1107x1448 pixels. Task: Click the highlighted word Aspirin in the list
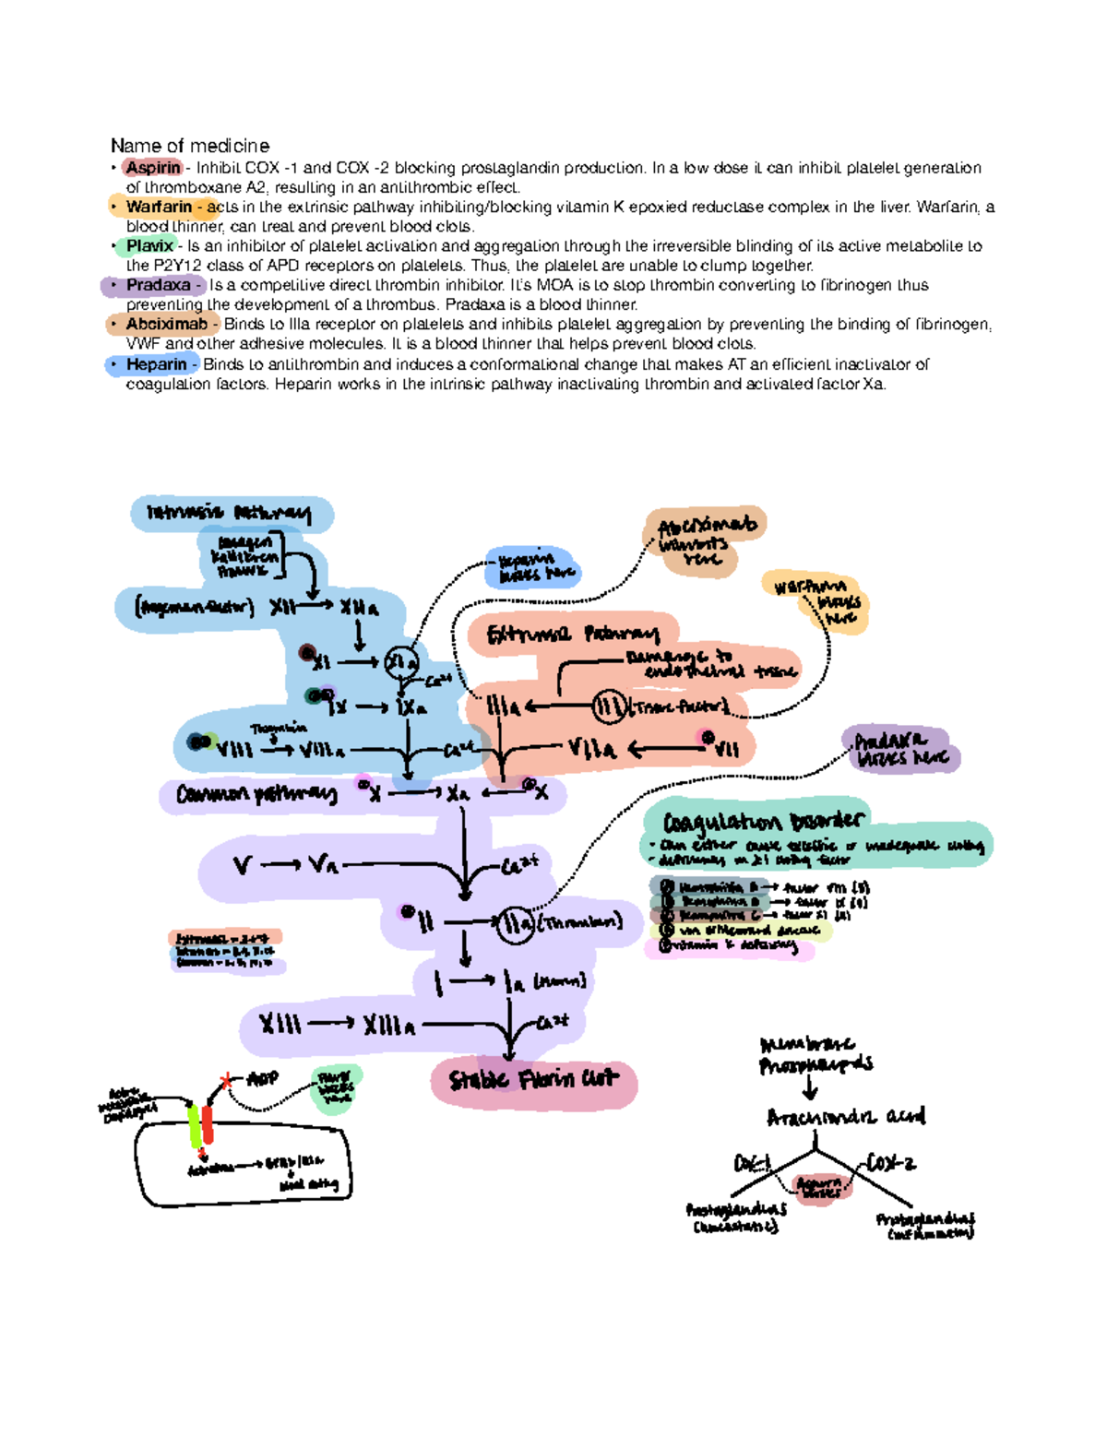(x=153, y=168)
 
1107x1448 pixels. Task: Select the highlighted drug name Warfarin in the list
(x=159, y=207)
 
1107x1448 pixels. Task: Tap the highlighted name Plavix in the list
(x=149, y=246)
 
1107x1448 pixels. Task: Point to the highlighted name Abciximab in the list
(x=166, y=325)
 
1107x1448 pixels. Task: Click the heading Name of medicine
(x=190, y=146)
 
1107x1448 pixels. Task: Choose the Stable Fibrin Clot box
(x=533, y=1079)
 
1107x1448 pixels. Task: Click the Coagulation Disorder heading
(x=764, y=820)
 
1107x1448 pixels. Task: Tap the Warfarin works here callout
(x=816, y=600)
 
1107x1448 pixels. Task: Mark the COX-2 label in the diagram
(x=891, y=1164)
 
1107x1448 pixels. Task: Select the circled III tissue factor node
(x=609, y=707)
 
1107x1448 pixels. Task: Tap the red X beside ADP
(x=225, y=1081)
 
